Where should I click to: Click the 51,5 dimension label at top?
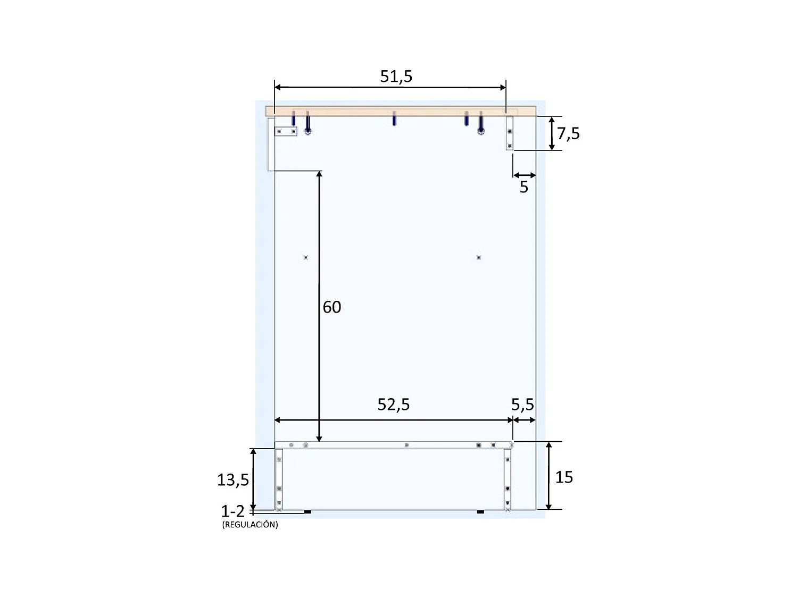(396, 77)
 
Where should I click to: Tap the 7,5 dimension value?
(568, 133)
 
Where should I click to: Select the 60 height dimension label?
(332, 307)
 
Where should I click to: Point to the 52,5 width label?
(394, 405)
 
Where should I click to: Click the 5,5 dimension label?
(522, 405)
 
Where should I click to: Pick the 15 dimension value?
(564, 477)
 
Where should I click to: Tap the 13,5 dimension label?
(232, 480)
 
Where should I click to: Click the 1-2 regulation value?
(232, 511)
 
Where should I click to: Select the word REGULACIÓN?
(250, 525)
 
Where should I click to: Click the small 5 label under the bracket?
(524, 187)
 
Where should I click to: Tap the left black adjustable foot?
(307, 512)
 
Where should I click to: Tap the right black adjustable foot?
(480, 512)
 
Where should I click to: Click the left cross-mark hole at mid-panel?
(305, 257)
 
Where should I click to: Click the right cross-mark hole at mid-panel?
(479, 257)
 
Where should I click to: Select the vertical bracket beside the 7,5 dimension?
(510, 133)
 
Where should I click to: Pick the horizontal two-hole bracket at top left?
(286, 131)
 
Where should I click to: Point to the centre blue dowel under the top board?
(394, 119)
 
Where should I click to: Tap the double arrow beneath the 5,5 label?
(524, 420)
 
